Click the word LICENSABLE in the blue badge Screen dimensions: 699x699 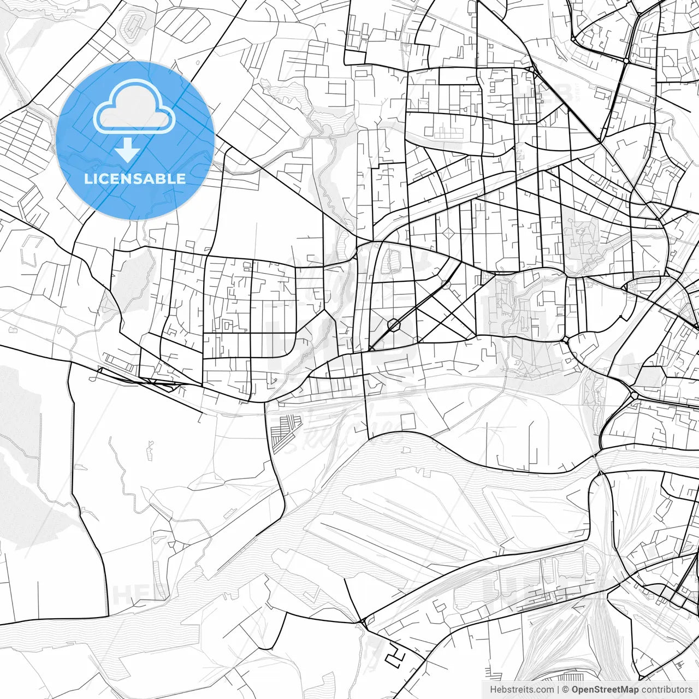(x=135, y=179)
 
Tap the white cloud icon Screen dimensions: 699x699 (x=134, y=107)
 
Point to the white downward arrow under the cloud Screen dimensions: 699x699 (x=127, y=150)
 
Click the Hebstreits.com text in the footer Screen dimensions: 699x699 (x=522, y=690)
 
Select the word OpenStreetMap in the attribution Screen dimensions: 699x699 (x=605, y=690)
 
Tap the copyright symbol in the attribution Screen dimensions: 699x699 (x=566, y=690)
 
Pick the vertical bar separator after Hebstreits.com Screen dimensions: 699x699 (x=558, y=690)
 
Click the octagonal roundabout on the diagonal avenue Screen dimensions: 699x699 (x=393, y=325)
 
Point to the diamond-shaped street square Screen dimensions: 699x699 (x=449, y=234)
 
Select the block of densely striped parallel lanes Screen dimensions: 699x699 (x=285, y=431)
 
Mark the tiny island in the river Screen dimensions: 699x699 (x=405, y=449)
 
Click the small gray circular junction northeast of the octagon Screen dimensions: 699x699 (x=446, y=284)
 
